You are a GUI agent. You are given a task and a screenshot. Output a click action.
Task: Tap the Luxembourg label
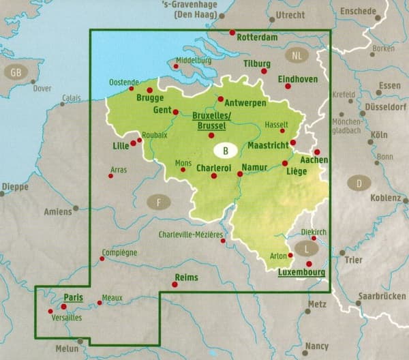pyautogui.click(x=300, y=273)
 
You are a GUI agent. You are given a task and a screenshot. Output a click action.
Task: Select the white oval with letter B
pyautogui.click(x=226, y=149)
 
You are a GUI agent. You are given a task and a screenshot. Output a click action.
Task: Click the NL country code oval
pyautogui.click(x=295, y=56)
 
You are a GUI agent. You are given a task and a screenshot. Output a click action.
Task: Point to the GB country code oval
pyautogui.click(x=14, y=72)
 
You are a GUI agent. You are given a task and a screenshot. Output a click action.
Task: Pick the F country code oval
pyautogui.click(x=159, y=201)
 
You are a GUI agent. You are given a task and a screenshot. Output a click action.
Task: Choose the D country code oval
pyautogui.click(x=358, y=183)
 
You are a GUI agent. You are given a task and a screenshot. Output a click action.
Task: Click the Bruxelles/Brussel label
pyautogui.click(x=213, y=120)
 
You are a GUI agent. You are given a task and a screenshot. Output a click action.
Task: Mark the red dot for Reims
pyautogui.click(x=175, y=284)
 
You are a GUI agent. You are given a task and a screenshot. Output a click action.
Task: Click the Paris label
pyautogui.click(x=73, y=297)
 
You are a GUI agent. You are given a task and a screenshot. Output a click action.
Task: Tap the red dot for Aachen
pyautogui.click(x=316, y=152)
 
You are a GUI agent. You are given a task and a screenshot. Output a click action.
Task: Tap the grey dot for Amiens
pyautogui.click(x=76, y=207)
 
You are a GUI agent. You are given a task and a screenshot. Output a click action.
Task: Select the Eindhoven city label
pyautogui.click(x=298, y=79)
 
